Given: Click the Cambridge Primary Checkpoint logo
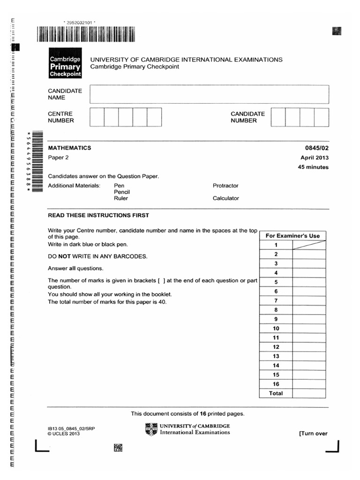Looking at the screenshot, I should click(x=66, y=66).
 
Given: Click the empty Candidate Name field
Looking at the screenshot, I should click(x=209, y=94).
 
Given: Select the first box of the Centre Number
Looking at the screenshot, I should click(x=97, y=117).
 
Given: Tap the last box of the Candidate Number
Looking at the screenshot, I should click(x=322, y=117).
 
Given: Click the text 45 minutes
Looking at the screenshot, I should click(x=313, y=167).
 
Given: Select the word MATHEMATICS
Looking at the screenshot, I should click(x=69, y=148).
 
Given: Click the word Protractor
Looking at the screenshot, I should click(x=225, y=186).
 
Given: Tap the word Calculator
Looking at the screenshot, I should click(x=225, y=198).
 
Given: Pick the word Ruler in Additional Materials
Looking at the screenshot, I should click(x=120, y=198).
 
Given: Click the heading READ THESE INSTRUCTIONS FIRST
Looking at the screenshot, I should click(x=98, y=216).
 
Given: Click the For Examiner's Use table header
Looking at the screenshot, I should click(x=292, y=236).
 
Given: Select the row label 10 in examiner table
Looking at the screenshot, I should click(x=276, y=329).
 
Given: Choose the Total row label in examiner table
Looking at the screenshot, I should click(x=276, y=393).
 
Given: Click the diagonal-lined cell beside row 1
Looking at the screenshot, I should click(x=309, y=245).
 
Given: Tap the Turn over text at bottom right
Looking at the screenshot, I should click(x=313, y=434).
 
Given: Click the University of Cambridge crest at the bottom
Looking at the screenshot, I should click(x=151, y=429).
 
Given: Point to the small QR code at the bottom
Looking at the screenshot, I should click(x=118, y=448).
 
